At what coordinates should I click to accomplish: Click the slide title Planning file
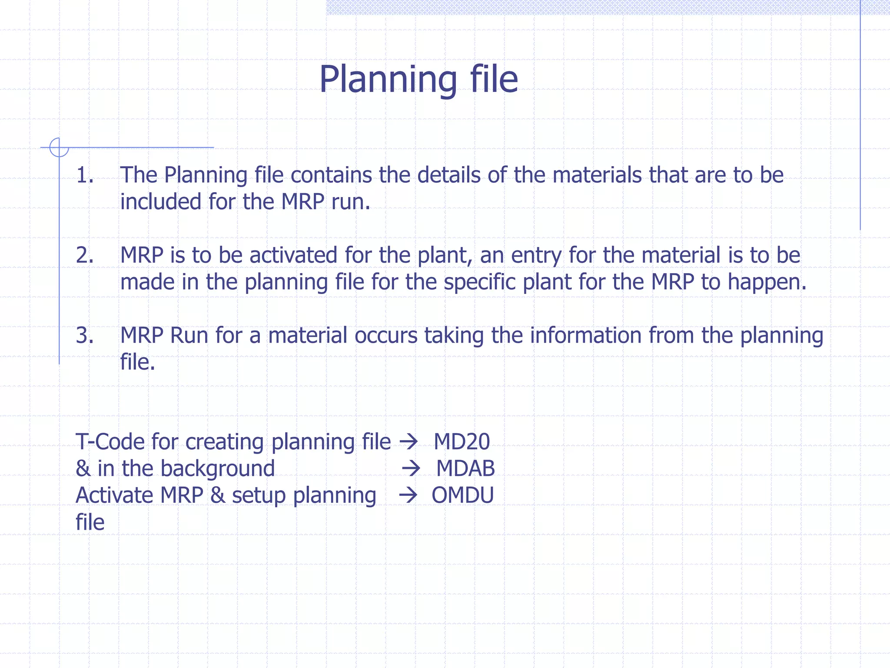click(x=418, y=79)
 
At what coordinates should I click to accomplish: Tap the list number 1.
click(x=85, y=175)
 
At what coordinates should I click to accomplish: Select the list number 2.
click(x=85, y=255)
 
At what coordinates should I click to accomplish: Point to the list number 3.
click(x=85, y=335)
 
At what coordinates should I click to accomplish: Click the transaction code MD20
click(x=462, y=442)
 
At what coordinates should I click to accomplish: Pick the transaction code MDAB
click(x=465, y=468)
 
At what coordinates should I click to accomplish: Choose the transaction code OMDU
click(x=462, y=495)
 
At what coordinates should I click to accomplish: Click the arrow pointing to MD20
click(x=408, y=442)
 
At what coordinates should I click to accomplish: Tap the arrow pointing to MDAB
click(x=411, y=469)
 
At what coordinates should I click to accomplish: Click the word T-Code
click(x=110, y=442)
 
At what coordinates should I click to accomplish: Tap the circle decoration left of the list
click(x=59, y=147)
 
